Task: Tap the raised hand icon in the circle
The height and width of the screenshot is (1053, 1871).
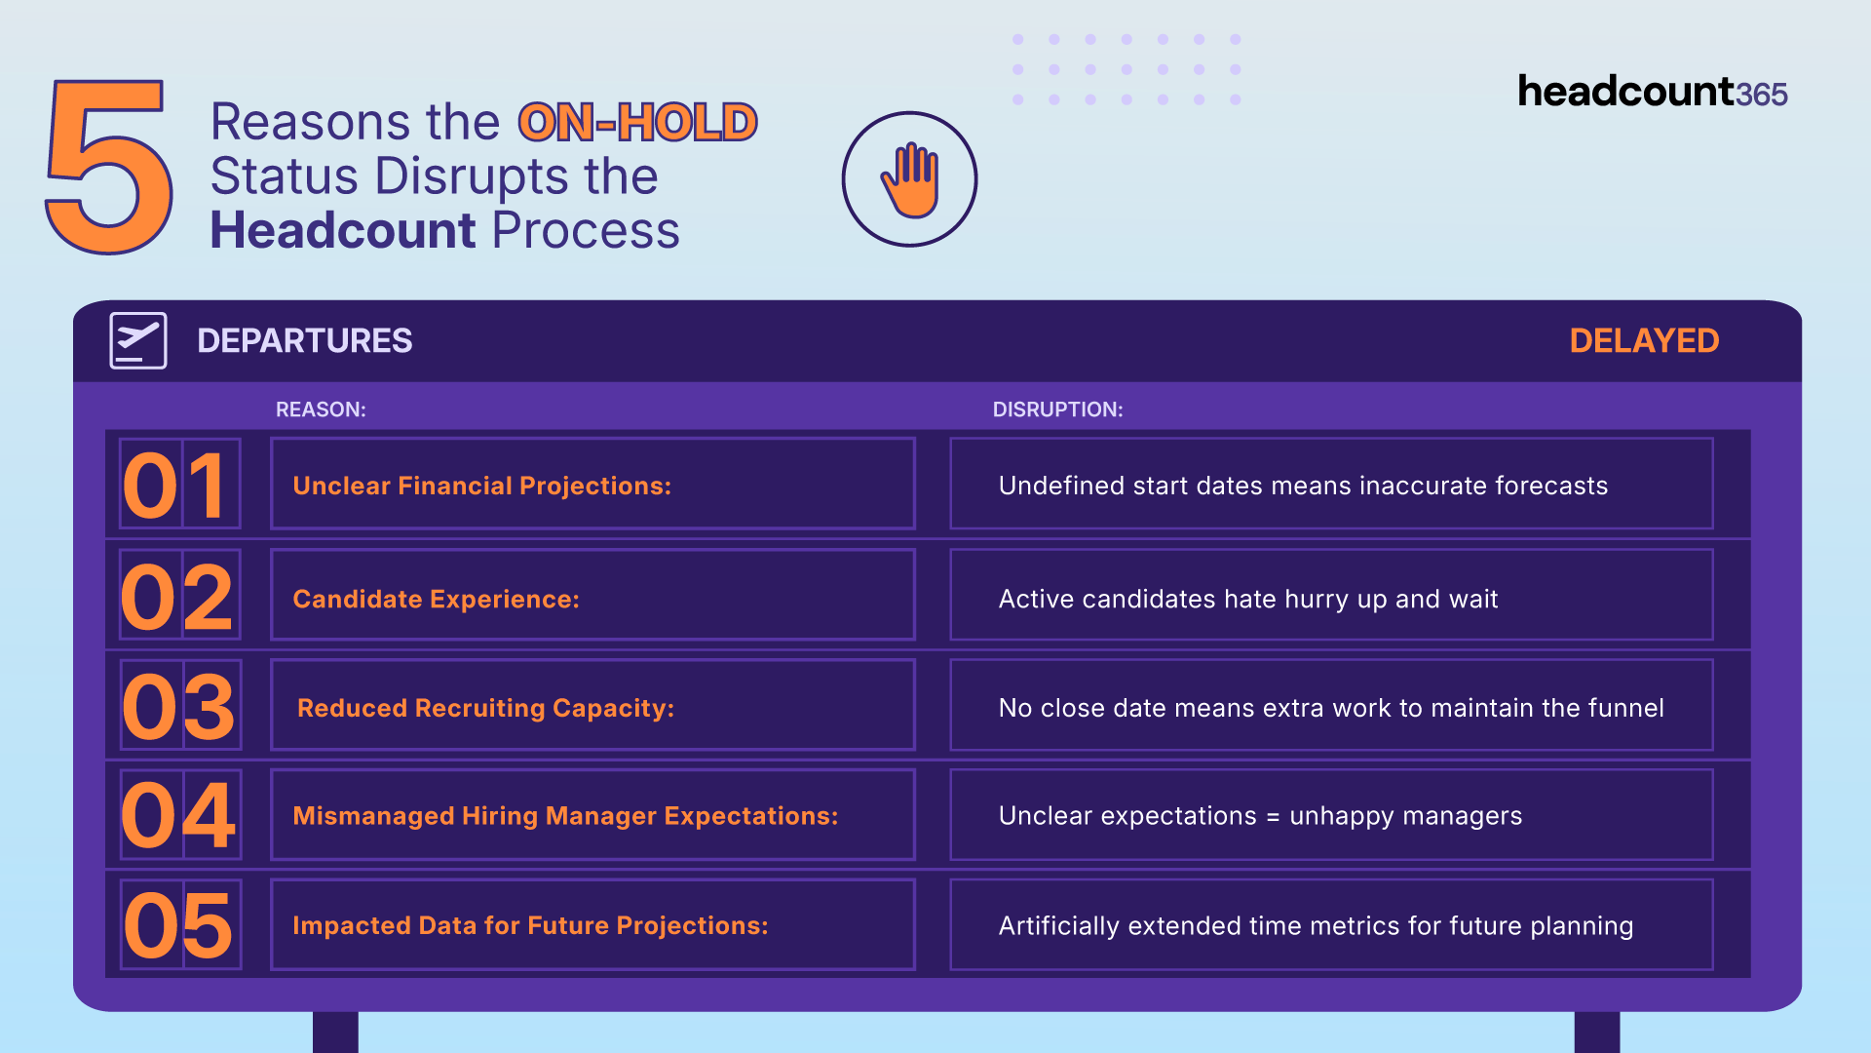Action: pyautogui.click(x=910, y=180)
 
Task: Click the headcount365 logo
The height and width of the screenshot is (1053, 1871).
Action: pyautogui.click(x=1653, y=92)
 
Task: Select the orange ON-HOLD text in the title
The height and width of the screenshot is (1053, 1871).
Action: pyautogui.click(x=637, y=122)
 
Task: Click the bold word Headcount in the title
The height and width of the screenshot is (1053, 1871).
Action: pyautogui.click(x=343, y=230)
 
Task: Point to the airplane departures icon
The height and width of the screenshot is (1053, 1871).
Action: pyautogui.click(x=138, y=340)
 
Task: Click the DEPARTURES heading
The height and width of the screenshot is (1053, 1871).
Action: pyautogui.click(x=305, y=340)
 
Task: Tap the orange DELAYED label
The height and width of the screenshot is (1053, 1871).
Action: pyautogui.click(x=1644, y=340)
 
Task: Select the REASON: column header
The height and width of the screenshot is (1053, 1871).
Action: pyautogui.click(x=321, y=409)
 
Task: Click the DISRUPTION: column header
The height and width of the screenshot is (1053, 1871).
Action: pyautogui.click(x=1057, y=409)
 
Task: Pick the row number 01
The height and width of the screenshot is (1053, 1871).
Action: pyautogui.click(x=176, y=486)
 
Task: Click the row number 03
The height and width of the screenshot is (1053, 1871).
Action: pyautogui.click(x=178, y=707)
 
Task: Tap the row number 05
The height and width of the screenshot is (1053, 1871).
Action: pyautogui.click(x=178, y=925)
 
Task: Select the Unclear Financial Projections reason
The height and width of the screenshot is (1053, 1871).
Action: pyautogui.click(x=482, y=486)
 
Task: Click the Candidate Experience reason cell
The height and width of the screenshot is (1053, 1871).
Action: pyautogui.click(x=592, y=595)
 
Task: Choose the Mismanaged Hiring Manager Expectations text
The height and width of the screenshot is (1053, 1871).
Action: pyautogui.click(x=565, y=816)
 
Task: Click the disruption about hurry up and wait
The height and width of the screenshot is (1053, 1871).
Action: pyautogui.click(x=1248, y=599)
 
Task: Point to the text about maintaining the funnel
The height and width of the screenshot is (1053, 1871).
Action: pyautogui.click(x=1331, y=708)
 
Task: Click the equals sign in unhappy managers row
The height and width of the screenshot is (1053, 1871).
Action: pyautogui.click(x=1273, y=817)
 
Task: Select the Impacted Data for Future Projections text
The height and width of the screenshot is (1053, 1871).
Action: pyautogui.click(x=530, y=925)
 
